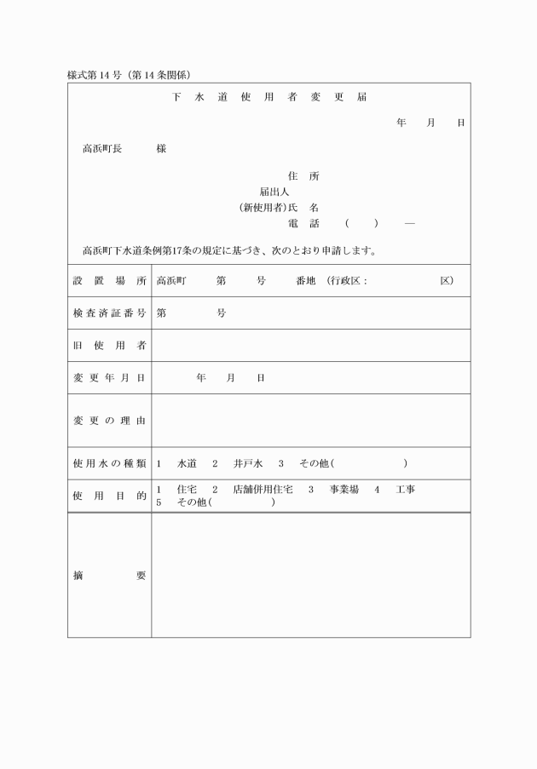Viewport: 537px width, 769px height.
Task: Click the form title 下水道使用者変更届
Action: click(x=269, y=97)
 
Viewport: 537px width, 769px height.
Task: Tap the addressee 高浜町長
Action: click(x=102, y=148)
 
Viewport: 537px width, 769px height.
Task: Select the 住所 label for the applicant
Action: click(x=303, y=176)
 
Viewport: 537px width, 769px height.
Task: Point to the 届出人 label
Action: click(x=274, y=192)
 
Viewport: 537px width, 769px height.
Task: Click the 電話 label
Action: click(x=303, y=223)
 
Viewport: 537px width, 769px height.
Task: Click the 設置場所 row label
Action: click(x=109, y=280)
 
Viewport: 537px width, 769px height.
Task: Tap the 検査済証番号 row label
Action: click(x=109, y=313)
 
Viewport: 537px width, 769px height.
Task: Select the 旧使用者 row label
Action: click(x=109, y=345)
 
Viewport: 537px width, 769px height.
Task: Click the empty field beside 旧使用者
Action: click(x=310, y=345)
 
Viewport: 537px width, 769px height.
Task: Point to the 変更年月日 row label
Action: click(x=109, y=377)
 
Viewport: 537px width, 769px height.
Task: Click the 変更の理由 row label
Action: click(x=109, y=420)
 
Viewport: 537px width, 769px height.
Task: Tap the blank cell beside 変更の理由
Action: click(x=310, y=420)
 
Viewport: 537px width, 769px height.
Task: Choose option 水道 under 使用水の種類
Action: click(x=187, y=463)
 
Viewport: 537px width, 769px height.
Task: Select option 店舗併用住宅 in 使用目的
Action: click(x=263, y=490)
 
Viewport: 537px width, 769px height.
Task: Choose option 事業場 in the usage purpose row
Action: click(x=344, y=490)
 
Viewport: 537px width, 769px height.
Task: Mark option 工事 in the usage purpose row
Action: click(x=406, y=490)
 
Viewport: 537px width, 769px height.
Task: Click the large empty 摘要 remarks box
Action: click(x=310, y=575)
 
